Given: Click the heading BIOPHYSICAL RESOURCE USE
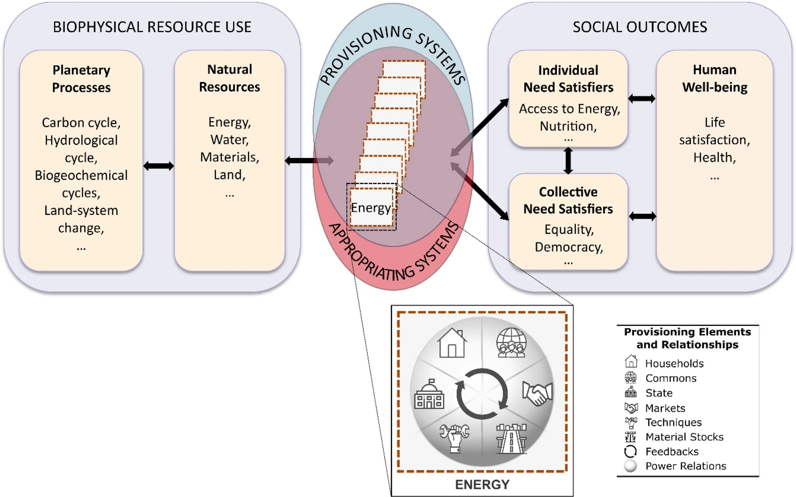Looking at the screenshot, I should [152, 27].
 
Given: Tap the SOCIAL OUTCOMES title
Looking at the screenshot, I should [640, 27].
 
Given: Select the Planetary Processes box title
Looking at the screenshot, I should [81, 79].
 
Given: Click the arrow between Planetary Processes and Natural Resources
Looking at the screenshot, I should [158, 166].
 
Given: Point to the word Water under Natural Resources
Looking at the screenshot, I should [229, 140].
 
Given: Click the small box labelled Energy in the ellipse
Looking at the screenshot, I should [371, 207].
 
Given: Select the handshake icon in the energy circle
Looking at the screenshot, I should [537, 393].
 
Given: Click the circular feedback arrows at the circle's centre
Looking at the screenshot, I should [482, 394].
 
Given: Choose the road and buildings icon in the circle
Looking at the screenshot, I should [511, 439].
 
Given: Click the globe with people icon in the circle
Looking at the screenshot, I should [511, 342].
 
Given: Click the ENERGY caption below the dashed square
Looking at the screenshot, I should [482, 485].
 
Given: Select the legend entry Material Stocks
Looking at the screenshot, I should [684, 437].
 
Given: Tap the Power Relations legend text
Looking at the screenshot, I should [686, 466].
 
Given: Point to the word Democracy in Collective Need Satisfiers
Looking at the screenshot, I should [569, 247].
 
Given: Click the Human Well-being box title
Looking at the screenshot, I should [714, 79].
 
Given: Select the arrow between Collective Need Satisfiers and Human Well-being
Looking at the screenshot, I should [642, 216].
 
